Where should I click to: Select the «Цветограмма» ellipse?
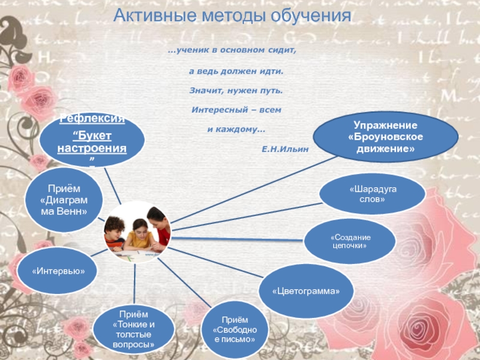tap(305, 291)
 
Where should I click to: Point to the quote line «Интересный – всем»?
tap(236, 110)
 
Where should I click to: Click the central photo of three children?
tap(137, 231)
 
